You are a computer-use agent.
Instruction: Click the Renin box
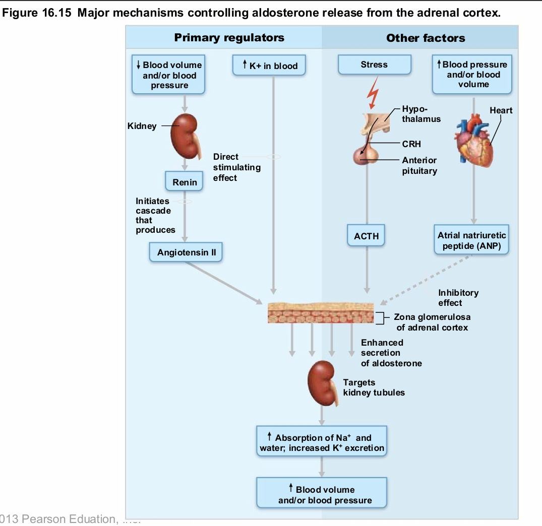[185, 182]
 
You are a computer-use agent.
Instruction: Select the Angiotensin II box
[186, 252]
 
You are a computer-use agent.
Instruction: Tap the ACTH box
[366, 236]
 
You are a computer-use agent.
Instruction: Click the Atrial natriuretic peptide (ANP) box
[471, 240]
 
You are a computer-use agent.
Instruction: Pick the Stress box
[374, 65]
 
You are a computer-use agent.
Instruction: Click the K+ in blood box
[269, 66]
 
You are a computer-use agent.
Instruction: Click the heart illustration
[474, 140]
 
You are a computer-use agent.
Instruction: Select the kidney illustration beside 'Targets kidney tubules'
[323, 383]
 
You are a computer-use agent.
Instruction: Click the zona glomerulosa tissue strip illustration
[321, 313]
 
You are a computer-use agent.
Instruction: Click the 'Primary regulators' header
[229, 38]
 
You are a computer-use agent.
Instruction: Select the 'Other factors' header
[426, 38]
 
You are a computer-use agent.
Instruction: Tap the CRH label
[411, 144]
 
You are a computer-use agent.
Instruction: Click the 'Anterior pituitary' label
[419, 165]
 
